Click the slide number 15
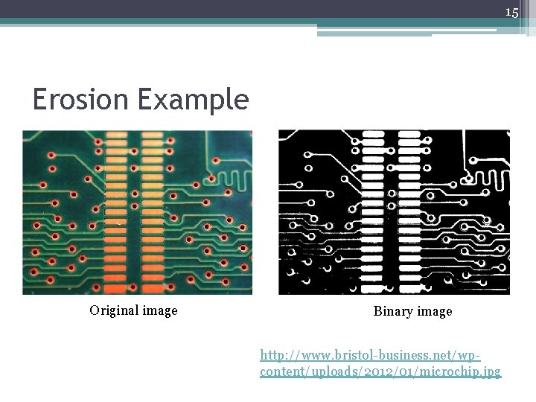[x=511, y=13]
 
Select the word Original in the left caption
[x=117, y=310]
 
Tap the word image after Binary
[x=435, y=311]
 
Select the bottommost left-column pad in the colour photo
[x=117, y=287]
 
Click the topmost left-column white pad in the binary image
[x=374, y=135]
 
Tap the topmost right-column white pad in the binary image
[x=409, y=135]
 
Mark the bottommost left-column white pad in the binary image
[x=374, y=286]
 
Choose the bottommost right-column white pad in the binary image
[x=409, y=286]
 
